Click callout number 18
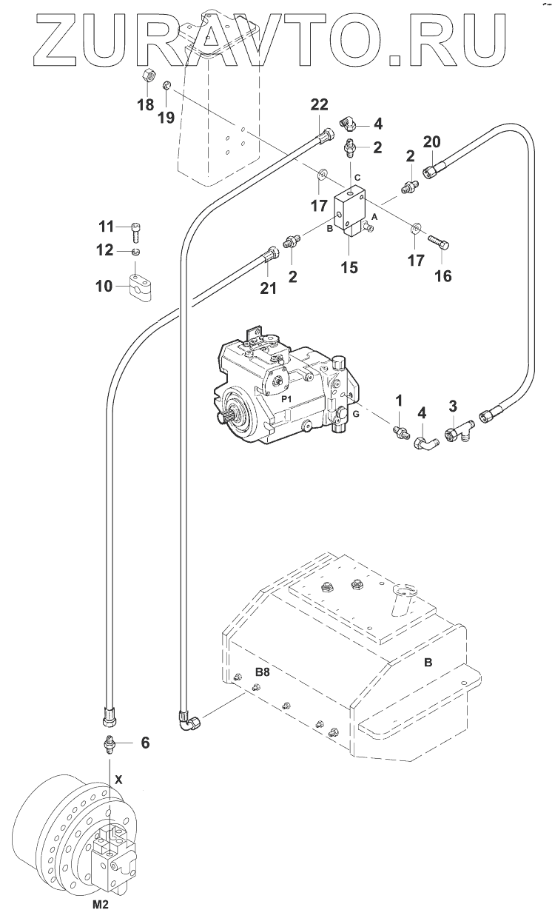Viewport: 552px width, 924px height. [x=146, y=105]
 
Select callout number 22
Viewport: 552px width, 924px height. [x=320, y=104]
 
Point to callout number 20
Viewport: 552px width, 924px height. [x=431, y=142]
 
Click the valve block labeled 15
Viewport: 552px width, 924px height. [x=350, y=212]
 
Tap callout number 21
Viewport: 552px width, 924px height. [x=268, y=288]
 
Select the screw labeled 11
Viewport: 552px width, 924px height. [x=136, y=232]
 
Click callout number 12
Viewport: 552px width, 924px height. [x=105, y=250]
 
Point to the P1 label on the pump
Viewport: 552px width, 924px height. [x=286, y=399]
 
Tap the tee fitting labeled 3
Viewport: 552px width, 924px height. [x=459, y=434]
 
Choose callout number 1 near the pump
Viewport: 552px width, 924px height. [x=399, y=400]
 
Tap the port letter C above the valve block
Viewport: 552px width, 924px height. [x=357, y=178]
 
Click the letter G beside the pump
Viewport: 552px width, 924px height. [x=356, y=414]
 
